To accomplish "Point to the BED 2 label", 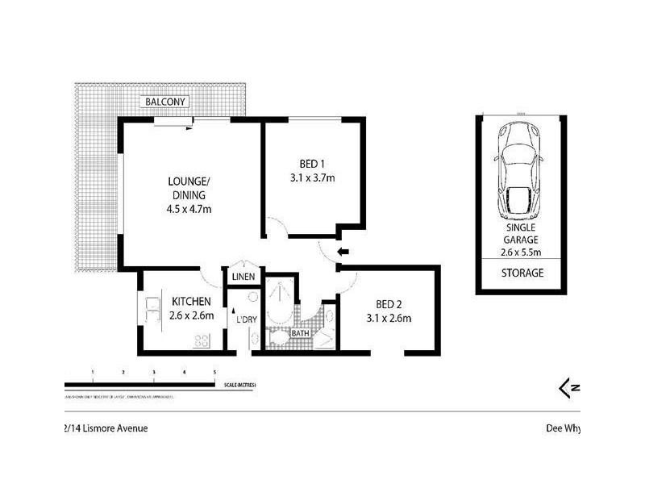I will point(388,304).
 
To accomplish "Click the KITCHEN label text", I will point(191,302).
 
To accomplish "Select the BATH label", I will point(300,332).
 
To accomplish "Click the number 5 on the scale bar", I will point(214,372).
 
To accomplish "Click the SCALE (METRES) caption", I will point(240,386).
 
